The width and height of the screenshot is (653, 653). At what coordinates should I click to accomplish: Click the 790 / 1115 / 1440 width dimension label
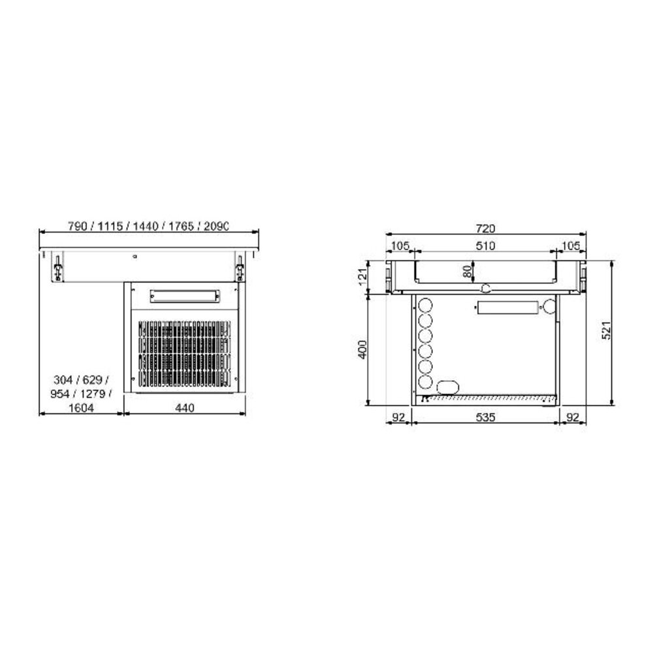click(x=149, y=227)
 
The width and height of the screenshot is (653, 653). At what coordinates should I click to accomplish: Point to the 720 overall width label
click(x=486, y=228)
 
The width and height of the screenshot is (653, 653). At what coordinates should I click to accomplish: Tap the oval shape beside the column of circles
click(x=447, y=385)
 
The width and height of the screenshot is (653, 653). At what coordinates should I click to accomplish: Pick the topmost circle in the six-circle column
click(x=424, y=305)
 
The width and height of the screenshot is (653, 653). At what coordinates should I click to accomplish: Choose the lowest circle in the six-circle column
click(x=424, y=382)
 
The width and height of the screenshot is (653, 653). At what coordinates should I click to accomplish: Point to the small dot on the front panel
click(x=135, y=257)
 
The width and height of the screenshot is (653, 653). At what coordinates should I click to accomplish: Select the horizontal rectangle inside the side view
click(x=507, y=308)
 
